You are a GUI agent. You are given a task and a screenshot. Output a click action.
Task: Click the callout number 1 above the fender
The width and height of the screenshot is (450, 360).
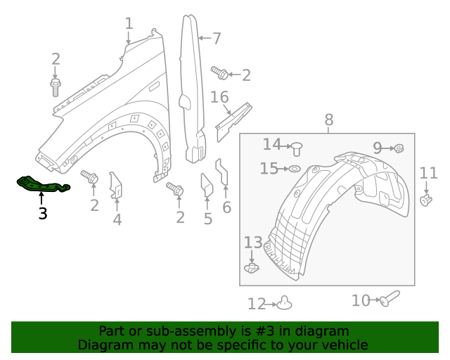point(129,24)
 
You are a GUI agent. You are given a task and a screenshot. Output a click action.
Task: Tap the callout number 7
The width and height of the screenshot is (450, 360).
point(217,38)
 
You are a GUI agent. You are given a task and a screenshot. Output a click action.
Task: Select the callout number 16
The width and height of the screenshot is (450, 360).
point(219,96)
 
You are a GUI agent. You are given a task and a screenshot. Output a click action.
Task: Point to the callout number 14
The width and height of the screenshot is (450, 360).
point(271,144)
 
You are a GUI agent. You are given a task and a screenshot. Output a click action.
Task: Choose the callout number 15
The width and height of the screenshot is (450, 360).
point(269,169)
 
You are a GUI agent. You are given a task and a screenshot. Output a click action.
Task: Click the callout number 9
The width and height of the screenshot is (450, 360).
point(377,148)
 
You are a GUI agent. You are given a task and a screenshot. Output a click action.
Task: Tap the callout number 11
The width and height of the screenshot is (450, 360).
point(428,173)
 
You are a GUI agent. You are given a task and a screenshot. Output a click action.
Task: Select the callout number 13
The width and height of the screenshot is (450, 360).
point(252,243)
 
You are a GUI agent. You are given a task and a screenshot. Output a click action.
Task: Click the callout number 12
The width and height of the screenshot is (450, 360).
point(257,304)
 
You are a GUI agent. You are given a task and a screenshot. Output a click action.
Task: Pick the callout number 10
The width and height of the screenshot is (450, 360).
point(361,300)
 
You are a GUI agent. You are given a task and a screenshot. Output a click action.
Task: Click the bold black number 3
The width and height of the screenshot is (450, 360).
point(43,213)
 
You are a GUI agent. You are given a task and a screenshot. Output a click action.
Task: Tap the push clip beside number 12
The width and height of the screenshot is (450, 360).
point(283,302)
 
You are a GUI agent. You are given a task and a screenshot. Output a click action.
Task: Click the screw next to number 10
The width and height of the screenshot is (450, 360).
point(389,299)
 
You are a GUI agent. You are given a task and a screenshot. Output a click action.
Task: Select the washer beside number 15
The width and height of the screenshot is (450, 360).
point(295,169)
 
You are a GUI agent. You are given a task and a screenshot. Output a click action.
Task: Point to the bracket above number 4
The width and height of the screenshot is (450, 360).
point(116,185)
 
